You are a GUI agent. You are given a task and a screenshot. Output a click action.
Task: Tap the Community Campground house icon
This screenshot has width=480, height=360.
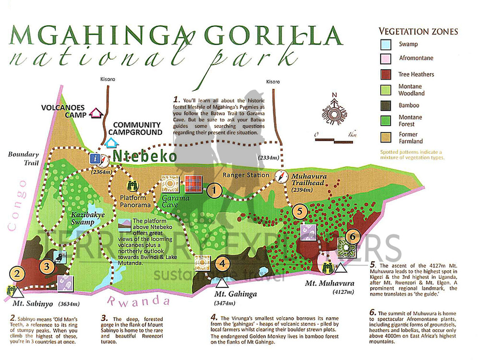(111, 142)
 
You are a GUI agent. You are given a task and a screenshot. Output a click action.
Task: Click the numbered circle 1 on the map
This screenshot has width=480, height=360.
(214, 191)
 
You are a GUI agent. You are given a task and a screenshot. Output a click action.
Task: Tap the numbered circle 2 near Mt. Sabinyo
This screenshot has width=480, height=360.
(17, 275)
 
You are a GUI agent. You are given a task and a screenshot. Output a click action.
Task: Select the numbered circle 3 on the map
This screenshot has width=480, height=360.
(46, 265)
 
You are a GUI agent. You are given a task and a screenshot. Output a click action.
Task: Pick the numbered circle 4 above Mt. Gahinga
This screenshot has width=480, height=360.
(222, 263)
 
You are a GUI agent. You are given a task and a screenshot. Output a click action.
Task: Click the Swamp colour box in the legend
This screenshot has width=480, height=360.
(386, 45)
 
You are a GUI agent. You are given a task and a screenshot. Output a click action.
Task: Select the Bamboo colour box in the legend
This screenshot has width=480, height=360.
(386, 105)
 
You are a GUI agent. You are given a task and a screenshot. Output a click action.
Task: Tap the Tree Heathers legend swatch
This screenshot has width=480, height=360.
(386, 74)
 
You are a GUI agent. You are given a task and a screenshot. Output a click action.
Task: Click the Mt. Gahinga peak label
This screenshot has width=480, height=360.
(235, 294)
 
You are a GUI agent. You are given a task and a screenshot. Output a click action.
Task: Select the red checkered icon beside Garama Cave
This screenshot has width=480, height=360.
(192, 184)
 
